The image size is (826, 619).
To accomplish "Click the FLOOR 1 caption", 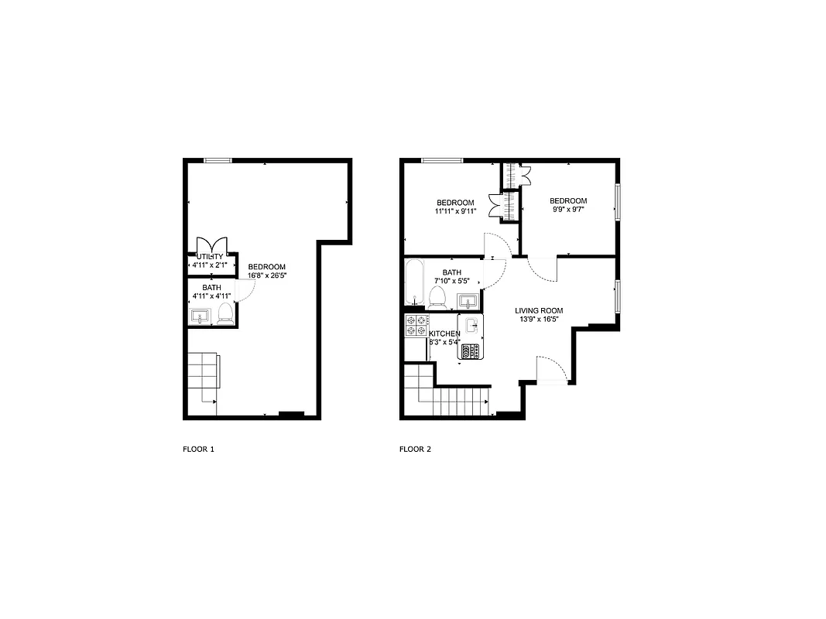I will [x=198, y=449].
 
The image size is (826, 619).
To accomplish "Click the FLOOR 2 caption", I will [x=415, y=449].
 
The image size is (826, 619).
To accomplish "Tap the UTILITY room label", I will [x=210, y=257].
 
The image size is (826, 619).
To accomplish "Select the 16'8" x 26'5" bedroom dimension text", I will [x=266, y=275].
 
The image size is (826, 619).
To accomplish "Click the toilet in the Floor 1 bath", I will [x=225, y=313].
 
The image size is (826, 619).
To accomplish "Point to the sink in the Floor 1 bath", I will [x=201, y=316].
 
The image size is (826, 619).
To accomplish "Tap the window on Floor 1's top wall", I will [x=218, y=160].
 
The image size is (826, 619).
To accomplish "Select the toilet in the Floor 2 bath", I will [x=437, y=297].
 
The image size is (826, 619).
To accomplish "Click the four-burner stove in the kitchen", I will [x=416, y=326].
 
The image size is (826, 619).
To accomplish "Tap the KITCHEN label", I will [x=444, y=333].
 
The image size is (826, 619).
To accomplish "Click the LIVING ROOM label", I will [x=539, y=311].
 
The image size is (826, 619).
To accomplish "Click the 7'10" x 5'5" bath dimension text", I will [x=452, y=281].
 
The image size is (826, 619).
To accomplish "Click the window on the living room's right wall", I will [x=617, y=296].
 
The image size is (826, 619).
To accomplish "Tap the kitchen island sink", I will [x=471, y=325].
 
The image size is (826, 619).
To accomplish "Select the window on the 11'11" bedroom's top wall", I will [x=442, y=160].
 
